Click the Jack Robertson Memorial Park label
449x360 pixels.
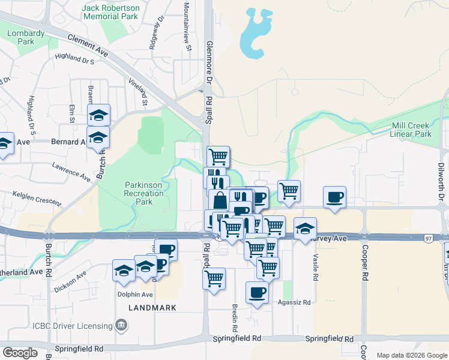111,12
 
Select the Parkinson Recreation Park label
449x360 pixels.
143,193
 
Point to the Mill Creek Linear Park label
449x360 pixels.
411,130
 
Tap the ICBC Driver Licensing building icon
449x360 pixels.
122,326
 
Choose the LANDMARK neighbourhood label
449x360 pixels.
152,308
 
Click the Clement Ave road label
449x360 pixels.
88,46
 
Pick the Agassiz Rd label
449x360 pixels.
294,303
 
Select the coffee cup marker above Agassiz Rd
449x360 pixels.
257,292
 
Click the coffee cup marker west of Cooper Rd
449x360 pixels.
334,197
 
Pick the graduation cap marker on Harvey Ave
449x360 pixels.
305,228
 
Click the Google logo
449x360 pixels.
19,353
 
